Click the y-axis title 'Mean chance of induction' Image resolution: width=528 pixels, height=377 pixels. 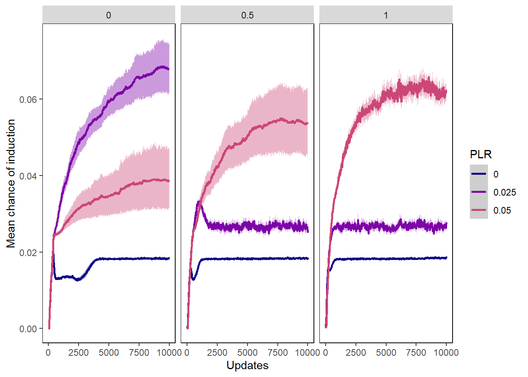(x=11, y=183)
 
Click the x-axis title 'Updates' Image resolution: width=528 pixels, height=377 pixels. (x=247, y=366)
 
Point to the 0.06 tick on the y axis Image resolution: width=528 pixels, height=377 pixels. (x=28, y=100)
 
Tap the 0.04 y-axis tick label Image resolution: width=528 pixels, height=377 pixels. (x=28, y=176)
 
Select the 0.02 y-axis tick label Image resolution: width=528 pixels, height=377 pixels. (x=28, y=253)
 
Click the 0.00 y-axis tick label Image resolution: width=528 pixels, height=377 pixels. (x=28, y=329)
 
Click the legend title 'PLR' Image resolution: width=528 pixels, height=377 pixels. (x=480, y=154)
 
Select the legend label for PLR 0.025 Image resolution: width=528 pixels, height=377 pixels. (x=505, y=192)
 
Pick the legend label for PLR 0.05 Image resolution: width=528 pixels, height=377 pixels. (x=502, y=210)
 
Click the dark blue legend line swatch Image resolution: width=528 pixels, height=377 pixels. (x=478, y=174)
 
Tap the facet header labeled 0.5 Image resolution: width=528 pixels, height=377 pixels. (x=247, y=15)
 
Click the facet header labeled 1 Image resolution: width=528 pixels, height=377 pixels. (x=386, y=15)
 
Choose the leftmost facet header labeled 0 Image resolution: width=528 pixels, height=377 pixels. (x=108, y=15)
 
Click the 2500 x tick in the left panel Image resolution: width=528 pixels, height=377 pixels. (x=79, y=353)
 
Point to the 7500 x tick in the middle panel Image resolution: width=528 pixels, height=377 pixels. (x=278, y=353)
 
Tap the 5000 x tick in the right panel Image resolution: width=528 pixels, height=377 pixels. (x=386, y=353)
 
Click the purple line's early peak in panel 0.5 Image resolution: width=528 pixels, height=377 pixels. (x=199, y=202)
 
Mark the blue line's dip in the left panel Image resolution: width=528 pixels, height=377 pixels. (x=78, y=280)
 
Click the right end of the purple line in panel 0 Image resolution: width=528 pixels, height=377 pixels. (x=169, y=69)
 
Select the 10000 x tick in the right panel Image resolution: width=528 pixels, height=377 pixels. (x=446, y=353)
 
